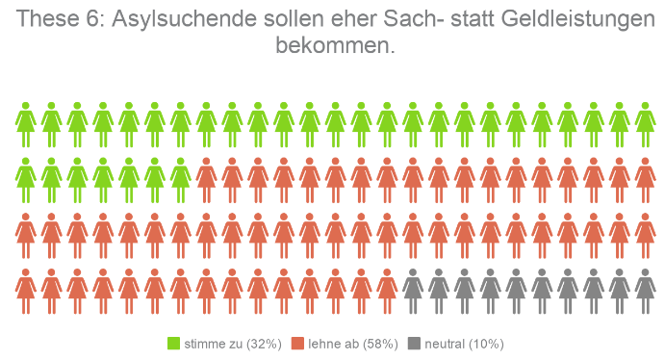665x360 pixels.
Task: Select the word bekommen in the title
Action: point(334,45)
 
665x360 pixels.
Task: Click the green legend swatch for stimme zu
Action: point(174,344)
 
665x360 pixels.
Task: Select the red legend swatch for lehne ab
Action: point(297,344)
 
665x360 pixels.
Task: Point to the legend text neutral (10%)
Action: point(463,344)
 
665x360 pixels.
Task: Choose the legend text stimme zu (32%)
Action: point(231,344)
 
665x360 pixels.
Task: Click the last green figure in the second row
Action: point(180,179)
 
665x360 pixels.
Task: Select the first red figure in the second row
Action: point(206,179)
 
